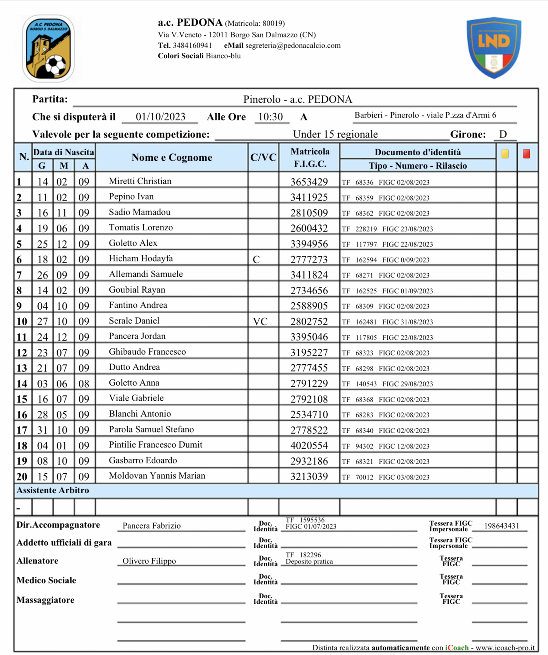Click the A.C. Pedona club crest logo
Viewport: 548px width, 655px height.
[x=48, y=48]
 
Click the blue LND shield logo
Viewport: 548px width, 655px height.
[x=494, y=47]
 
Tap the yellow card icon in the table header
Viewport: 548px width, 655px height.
[x=505, y=154]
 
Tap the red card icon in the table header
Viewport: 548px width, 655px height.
[x=526, y=154]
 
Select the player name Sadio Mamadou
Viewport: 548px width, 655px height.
[x=140, y=212]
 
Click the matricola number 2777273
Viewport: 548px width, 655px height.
[x=309, y=259]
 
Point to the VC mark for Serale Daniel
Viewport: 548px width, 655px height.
[x=260, y=322]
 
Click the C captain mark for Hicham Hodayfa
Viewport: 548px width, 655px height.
[x=256, y=260]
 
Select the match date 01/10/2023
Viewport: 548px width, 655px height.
[x=161, y=117]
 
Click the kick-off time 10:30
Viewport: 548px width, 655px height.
[x=271, y=117]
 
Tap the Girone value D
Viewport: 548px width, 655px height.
[x=503, y=134]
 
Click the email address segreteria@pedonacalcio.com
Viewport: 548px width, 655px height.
[x=293, y=46]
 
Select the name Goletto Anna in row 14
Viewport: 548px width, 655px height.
[x=134, y=383]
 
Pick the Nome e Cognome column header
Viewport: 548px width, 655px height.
[x=172, y=157]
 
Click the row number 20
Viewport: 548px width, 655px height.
[x=22, y=477]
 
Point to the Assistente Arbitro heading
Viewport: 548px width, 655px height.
[x=53, y=490]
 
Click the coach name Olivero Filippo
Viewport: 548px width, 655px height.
[x=149, y=561]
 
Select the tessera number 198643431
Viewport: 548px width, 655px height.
[x=501, y=526]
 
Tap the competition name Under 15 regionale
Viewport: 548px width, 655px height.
[x=335, y=134]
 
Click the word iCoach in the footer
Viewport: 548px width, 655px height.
[x=457, y=648]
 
